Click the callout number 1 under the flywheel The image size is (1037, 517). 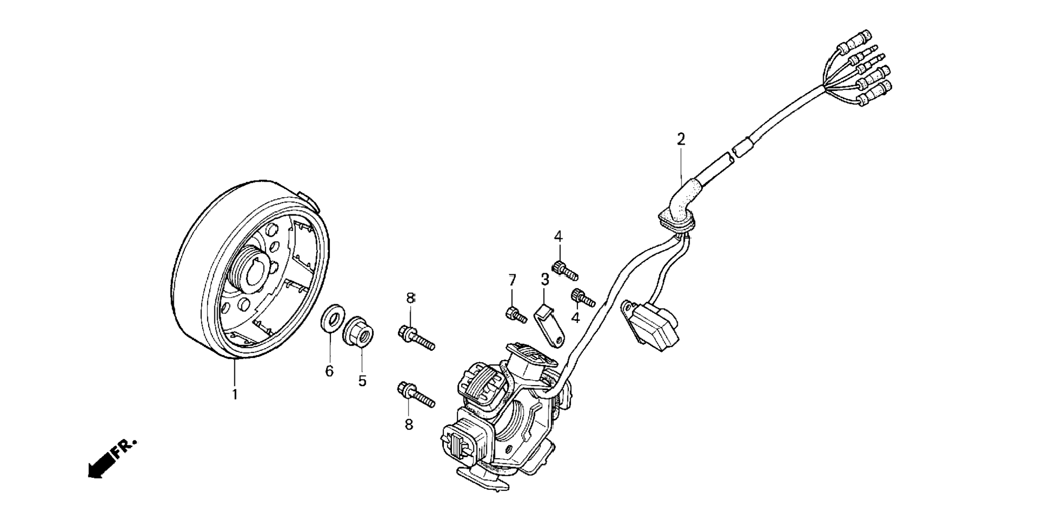click(234, 395)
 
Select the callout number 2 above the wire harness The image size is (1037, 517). click(680, 140)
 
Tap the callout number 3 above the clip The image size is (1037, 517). click(544, 279)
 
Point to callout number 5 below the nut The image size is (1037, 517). click(362, 381)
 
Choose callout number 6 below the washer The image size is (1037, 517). click(329, 371)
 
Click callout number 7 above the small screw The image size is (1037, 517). click(512, 280)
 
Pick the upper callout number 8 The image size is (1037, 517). click(411, 298)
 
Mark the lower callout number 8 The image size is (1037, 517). click(409, 425)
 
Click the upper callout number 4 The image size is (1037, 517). click(558, 236)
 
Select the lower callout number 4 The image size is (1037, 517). click(575, 318)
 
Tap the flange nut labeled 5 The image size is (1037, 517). click(359, 332)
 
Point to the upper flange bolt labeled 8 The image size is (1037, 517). click(416, 337)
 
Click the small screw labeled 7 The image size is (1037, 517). click(515, 314)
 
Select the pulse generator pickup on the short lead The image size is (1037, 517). click(651, 324)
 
